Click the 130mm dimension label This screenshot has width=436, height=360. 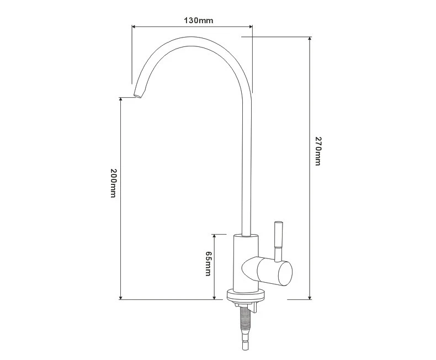(x=199, y=20)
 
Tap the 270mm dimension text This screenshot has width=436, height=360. (x=318, y=151)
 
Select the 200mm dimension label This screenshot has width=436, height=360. (x=113, y=183)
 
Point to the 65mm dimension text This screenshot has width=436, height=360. (x=208, y=263)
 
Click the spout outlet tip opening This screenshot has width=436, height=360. (x=137, y=96)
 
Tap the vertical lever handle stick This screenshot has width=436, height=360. (x=278, y=241)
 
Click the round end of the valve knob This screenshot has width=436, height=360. (x=285, y=273)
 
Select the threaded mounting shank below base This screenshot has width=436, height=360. (x=245, y=317)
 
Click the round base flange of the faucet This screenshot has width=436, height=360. (x=246, y=296)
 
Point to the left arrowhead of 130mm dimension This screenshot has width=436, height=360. (x=134, y=27)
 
